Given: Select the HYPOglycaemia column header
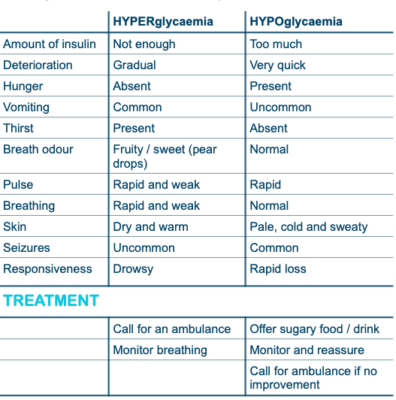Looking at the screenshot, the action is [296, 22].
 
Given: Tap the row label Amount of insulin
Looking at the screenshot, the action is [50, 44].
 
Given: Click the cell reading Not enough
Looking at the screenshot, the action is [144, 44].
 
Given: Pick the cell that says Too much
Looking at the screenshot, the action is [277, 44].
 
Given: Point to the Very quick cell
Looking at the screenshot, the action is [278, 65].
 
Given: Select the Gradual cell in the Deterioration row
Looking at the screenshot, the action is [135, 65].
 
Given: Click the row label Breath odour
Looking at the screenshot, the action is [38, 150].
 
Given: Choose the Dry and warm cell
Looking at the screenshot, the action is [151, 227].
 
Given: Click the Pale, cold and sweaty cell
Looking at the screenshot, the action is [309, 227].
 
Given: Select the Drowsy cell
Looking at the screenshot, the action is [133, 269].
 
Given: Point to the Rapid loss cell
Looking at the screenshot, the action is [278, 269].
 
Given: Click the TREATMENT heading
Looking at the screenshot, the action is [51, 301].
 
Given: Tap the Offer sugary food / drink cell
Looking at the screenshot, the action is [315, 329].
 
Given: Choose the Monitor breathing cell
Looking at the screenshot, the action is [160, 350].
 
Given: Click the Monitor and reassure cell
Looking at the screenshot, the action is [307, 350].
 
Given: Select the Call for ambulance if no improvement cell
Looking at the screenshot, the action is [313, 378].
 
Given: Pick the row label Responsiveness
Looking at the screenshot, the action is [47, 269].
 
